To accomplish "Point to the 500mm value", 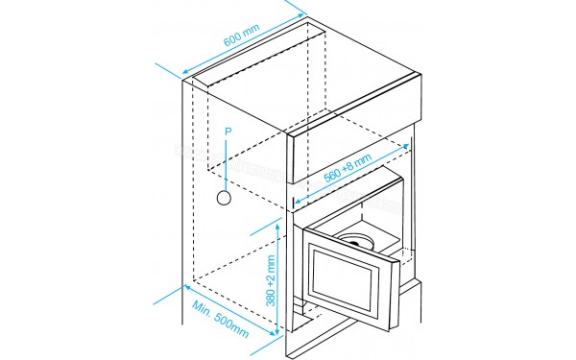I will [x=231, y=329].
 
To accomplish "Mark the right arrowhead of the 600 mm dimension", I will [x=306, y=13].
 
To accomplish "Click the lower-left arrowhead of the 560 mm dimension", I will [x=294, y=203].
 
